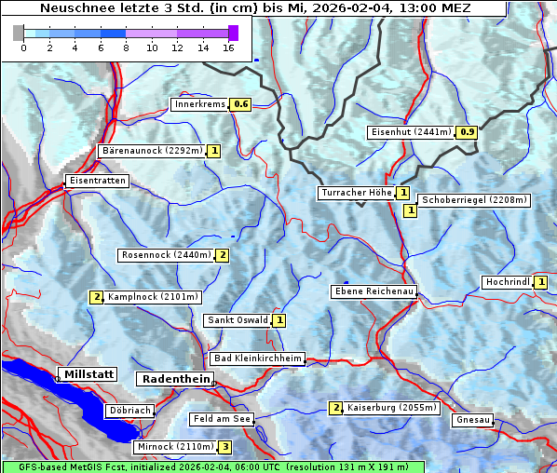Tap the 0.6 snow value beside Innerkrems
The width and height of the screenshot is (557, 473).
click(x=241, y=104)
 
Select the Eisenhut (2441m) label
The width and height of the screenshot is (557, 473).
click(x=411, y=132)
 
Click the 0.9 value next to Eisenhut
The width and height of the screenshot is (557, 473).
click(x=467, y=132)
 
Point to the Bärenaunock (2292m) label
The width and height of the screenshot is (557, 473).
click(x=151, y=150)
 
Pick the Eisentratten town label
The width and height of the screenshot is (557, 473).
click(x=96, y=181)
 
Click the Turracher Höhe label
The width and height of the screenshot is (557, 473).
click(x=356, y=193)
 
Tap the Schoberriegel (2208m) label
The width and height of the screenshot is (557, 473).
click(x=474, y=200)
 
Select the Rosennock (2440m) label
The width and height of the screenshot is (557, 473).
click(x=167, y=255)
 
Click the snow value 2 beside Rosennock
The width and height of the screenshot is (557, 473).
click(x=223, y=255)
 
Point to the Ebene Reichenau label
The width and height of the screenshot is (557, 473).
click(x=374, y=291)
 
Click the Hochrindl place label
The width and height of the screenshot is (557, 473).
click(x=508, y=282)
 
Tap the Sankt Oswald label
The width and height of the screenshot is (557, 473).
click(x=237, y=320)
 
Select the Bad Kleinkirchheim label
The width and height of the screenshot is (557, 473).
click(x=257, y=358)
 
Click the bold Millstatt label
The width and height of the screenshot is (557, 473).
click(x=88, y=374)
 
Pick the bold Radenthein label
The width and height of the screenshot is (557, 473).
click(x=174, y=379)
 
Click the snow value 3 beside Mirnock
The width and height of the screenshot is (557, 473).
click(x=224, y=447)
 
